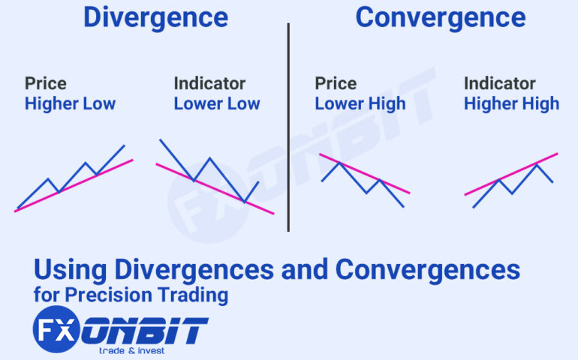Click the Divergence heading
tap(155, 17)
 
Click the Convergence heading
tap(441, 17)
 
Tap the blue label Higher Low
tap(70, 103)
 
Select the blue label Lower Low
tap(217, 103)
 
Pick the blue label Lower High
tap(360, 103)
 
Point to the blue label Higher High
tap(511, 103)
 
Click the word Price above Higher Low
tap(46, 83)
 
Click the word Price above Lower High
tap(336, 83)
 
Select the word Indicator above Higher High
tap(498, 83)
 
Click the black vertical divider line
tap(288, 127)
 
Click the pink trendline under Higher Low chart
tap(75, 184)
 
